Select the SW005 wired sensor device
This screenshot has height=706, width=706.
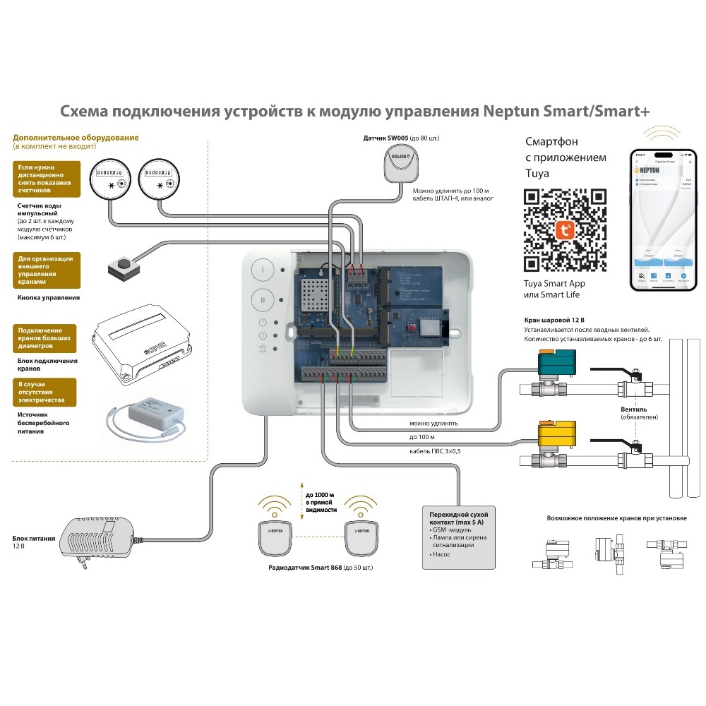tap(399, 162)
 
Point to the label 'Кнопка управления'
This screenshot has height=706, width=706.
tap(47, 298)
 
